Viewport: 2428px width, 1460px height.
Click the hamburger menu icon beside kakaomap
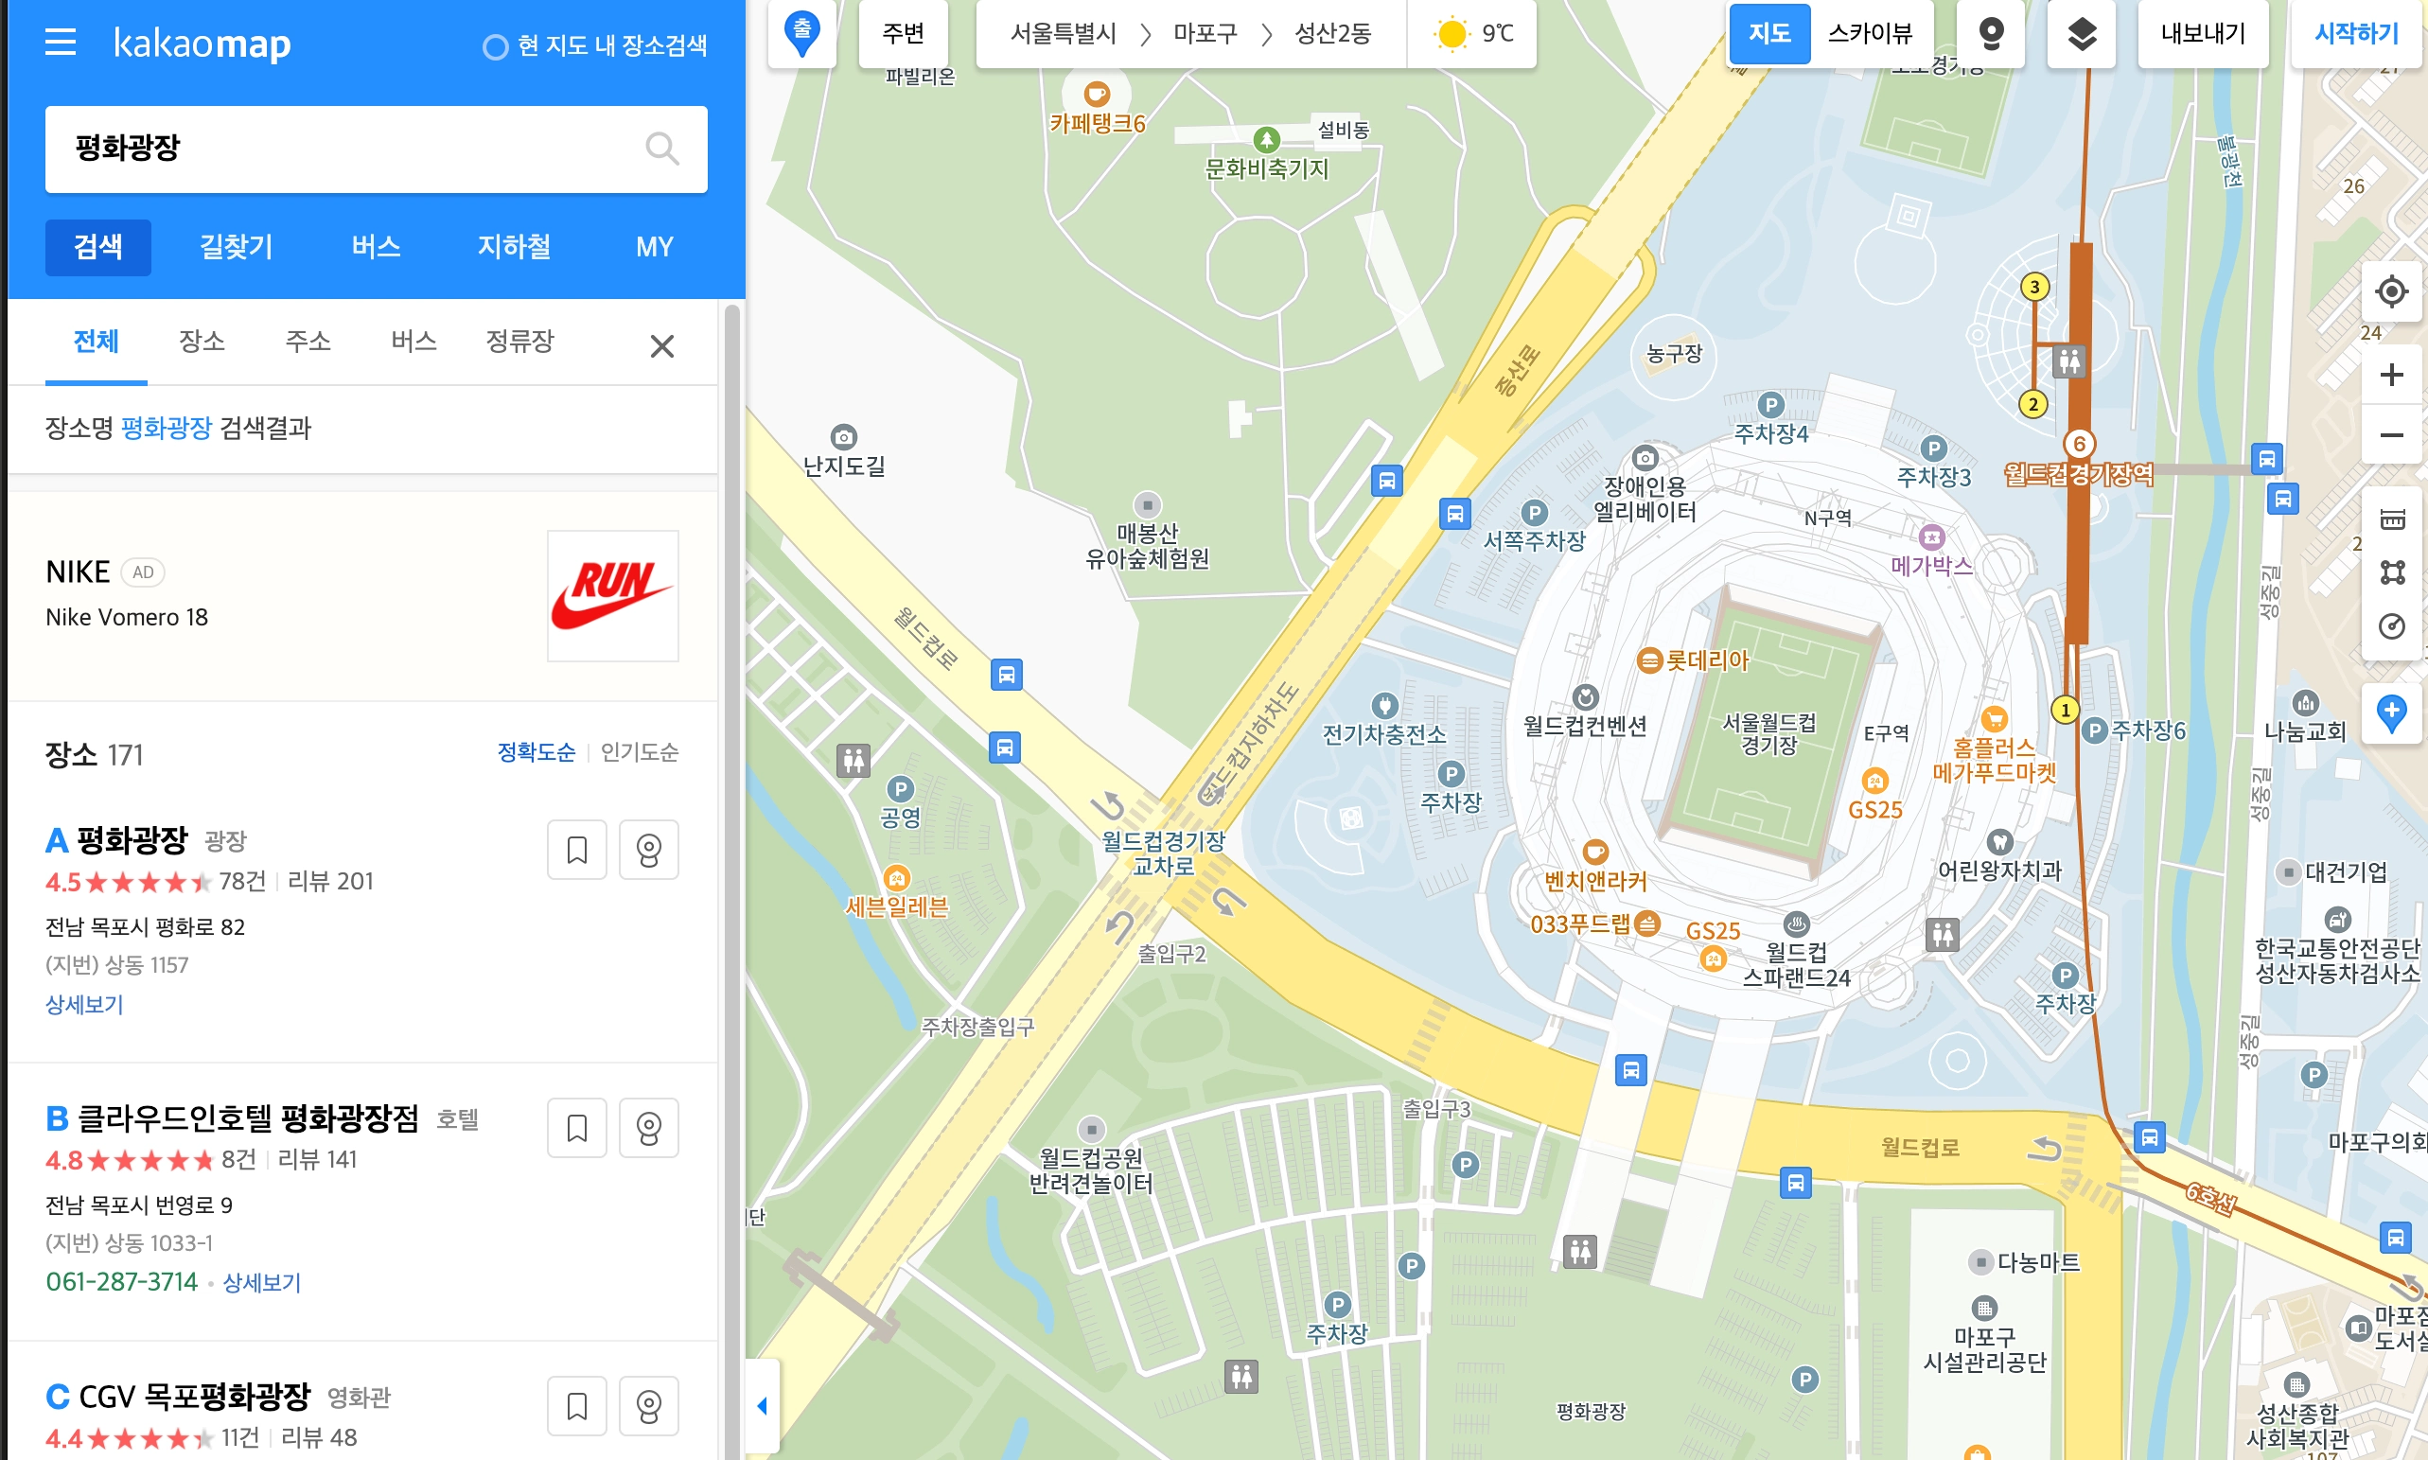click(60, 43)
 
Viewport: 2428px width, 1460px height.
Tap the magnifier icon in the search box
click(661, 149)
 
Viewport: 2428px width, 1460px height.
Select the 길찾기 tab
click(237, 247)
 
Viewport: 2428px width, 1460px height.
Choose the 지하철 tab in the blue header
click(514, 247)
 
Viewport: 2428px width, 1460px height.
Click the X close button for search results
click(661, 346)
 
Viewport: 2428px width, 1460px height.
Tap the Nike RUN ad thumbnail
click(612, 595)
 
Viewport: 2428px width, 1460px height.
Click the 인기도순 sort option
click(639, 752)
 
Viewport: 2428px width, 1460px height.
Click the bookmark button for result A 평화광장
click(576, 849)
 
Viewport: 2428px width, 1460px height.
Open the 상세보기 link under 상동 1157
click(84, 1005)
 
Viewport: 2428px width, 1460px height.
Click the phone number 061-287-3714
click(122, 1282)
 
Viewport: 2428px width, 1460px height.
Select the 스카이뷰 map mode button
click(1869, 33)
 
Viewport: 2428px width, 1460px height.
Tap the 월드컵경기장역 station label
click(2079, 475)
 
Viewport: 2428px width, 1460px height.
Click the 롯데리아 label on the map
click(1706, 660)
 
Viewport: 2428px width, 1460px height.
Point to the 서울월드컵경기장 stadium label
click(1768, 734)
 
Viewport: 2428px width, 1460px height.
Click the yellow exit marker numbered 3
click(2034, 288)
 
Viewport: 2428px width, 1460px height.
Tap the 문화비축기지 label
click(1266, 169)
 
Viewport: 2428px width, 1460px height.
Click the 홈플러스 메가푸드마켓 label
click(1994, 760)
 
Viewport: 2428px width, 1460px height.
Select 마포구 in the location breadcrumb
click(1205, 33)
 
